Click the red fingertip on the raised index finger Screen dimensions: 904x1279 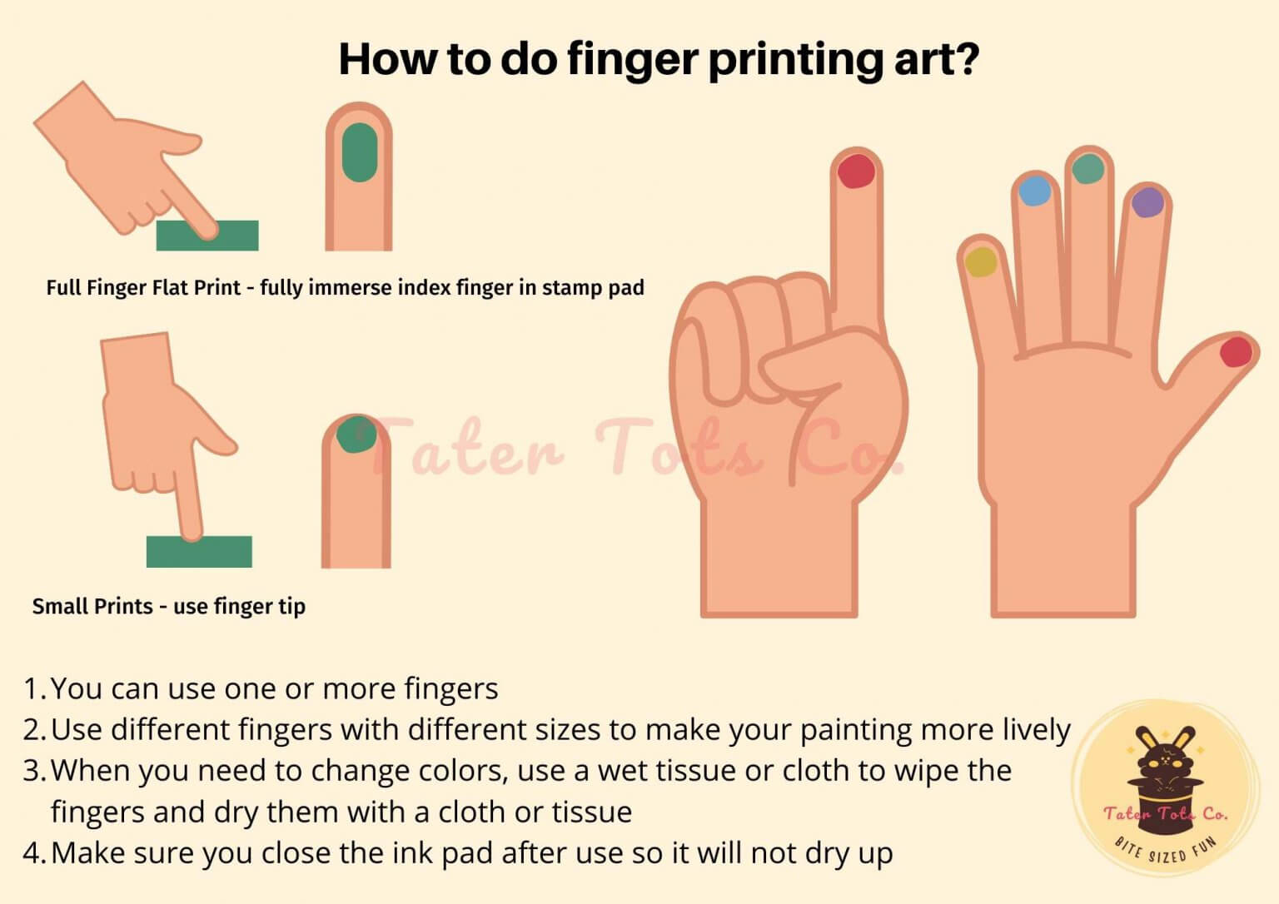click(x=855, y=171)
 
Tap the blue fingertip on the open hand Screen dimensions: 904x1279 click(x=1034, y=191)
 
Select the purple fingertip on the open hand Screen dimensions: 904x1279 click(x=1147, y=202)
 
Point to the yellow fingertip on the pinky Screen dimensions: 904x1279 click(x=981, y=261)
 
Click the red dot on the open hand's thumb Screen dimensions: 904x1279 click(x=1235, y=351)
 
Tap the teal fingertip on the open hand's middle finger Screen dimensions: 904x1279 click(x=1088, y=169)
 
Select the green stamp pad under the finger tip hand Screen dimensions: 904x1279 click(x=199, y=552)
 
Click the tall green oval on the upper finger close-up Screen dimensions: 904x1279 click(x=360, y=152)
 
